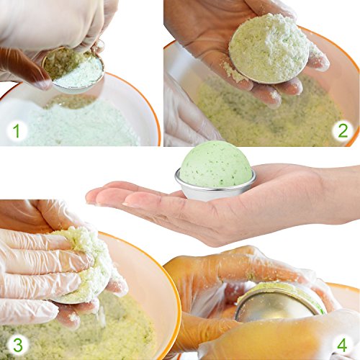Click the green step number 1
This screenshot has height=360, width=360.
coord(17,131)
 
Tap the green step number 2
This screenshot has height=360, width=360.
coord(343,130)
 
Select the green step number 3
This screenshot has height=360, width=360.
coord(18,345)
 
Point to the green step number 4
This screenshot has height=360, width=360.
coord(342,345)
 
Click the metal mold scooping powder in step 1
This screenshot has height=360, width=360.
coord(74,70)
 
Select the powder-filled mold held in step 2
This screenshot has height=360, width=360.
coord(269,49)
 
